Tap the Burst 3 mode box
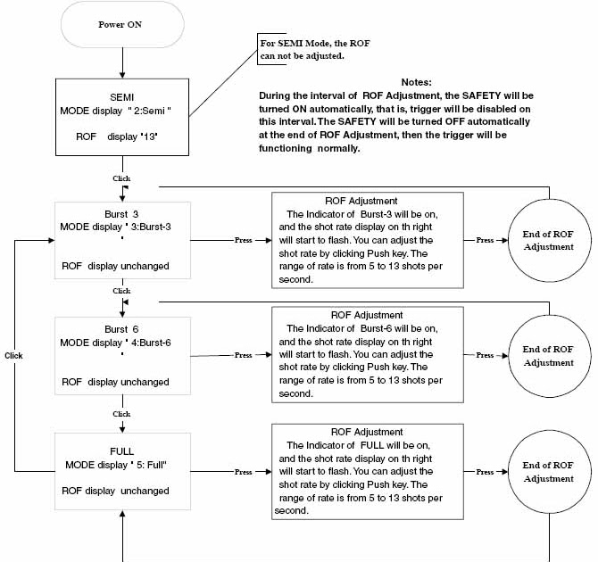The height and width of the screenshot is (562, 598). click(x=122, y=240)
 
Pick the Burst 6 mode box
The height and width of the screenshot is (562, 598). click(x=122, y=355)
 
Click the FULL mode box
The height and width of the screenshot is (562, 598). click(x=122, y=471)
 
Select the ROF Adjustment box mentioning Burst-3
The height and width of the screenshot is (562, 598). click(x=366, y=240)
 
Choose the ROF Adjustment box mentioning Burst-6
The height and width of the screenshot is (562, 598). click(x=366, y=355)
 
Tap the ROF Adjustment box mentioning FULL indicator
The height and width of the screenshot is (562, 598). click(x=366, y=471)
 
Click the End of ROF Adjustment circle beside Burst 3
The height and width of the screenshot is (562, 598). click(x=548, y=240)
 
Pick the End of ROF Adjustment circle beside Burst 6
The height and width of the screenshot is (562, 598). click(x=548, y=355)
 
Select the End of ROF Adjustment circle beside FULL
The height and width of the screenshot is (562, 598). click(x=548, y=471)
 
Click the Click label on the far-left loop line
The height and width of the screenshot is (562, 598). click(x=13, y=355)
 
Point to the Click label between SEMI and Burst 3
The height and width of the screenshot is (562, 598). click(x=121, y=178)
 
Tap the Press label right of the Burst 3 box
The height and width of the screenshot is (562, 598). click(x=243, y=240)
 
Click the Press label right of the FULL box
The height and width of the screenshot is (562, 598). click(x=243, y=471)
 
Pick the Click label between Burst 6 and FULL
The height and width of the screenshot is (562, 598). click(x=121, y=414)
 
